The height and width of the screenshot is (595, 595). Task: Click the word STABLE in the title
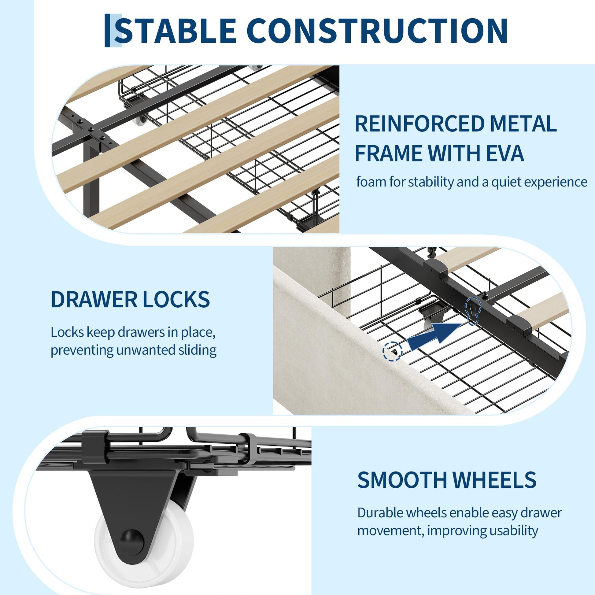click(x=176, y=31)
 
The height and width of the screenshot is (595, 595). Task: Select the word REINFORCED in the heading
click(x=419, y=124)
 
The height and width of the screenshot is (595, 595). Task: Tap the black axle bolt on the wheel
click(x=132, y=541)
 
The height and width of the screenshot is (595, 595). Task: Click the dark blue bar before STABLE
click(x=107, y=31)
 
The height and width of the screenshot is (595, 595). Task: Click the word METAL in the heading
click(x=523, y=124)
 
